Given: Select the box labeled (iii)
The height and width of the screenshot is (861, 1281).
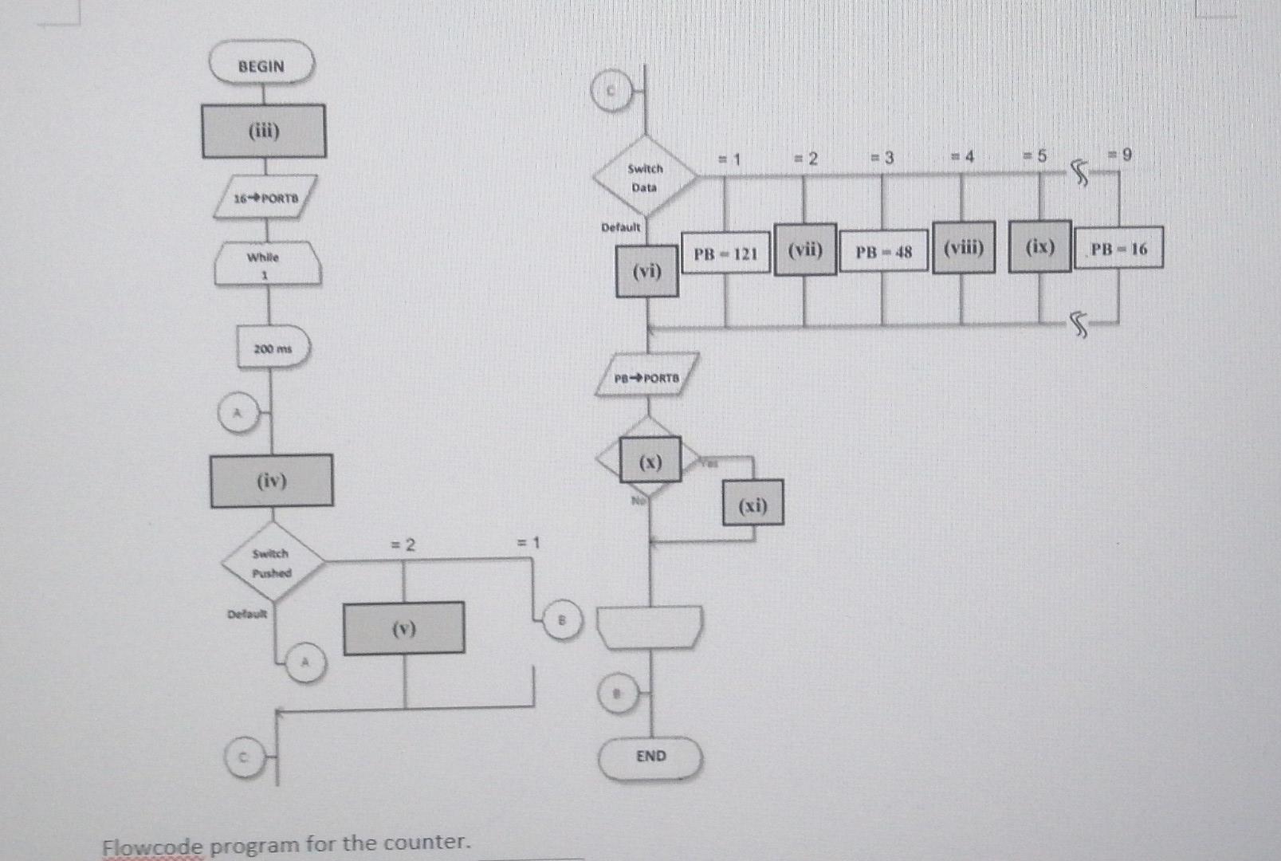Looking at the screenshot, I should coord(264,132).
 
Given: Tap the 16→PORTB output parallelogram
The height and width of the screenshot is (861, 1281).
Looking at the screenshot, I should coord(265,197).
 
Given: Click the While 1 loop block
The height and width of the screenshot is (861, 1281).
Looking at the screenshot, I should coord(267,264).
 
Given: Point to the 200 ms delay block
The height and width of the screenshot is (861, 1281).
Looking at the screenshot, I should coord(273,348).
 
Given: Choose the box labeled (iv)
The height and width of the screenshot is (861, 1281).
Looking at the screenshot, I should coord(272,481).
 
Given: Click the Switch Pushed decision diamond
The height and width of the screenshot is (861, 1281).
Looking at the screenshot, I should coord(272,562).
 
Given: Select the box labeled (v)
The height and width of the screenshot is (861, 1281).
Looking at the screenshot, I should coord(404,629).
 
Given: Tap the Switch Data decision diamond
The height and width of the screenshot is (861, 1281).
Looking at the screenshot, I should coord(645,177).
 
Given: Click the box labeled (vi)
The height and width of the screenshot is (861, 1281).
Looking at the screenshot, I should coord(647,272).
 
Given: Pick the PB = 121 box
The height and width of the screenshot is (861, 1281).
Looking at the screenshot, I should coord(725,254).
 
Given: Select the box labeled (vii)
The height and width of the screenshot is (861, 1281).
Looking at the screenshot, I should coord(805,250).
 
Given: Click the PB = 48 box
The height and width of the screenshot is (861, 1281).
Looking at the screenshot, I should coord(883,252).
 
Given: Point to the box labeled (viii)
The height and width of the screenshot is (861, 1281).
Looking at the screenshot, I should coord(964,248).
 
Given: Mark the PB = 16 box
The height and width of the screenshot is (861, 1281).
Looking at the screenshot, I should coord(1118,248).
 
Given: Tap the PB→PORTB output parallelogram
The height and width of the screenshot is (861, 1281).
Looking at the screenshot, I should coord(647,376).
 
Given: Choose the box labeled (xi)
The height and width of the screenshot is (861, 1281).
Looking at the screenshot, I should coord(753,504).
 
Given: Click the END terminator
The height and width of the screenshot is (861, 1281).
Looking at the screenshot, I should coord(651,757).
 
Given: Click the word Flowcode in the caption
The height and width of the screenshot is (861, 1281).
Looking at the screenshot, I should coord(153,846).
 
